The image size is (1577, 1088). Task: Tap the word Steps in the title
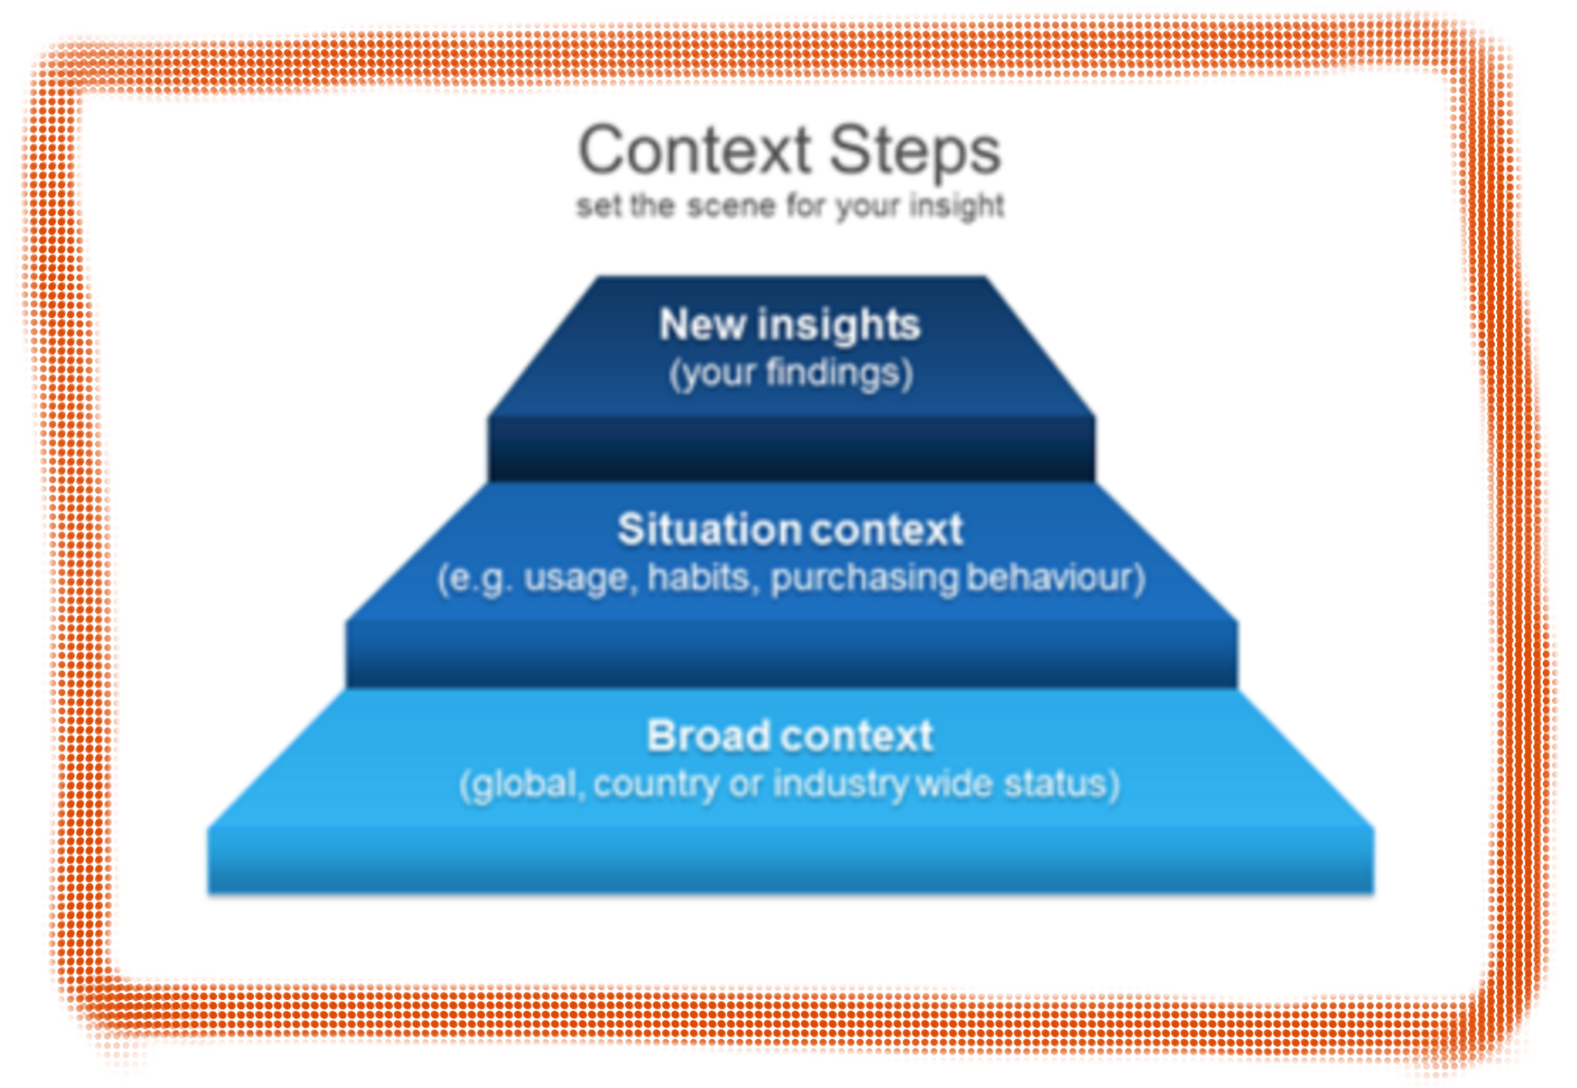point(915,152)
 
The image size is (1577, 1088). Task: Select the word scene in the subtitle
point(731,206)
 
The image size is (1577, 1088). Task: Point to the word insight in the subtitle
point(956,207)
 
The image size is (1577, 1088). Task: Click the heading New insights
point(789,325)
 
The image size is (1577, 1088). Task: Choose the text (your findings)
point(791,374)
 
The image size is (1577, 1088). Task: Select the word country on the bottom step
point(656,785)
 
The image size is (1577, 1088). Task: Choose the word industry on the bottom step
point(840,785)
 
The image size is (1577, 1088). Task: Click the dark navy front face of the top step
point(791,448)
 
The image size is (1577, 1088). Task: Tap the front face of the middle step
point(791,655)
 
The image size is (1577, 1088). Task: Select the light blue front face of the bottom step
point(790,861)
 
